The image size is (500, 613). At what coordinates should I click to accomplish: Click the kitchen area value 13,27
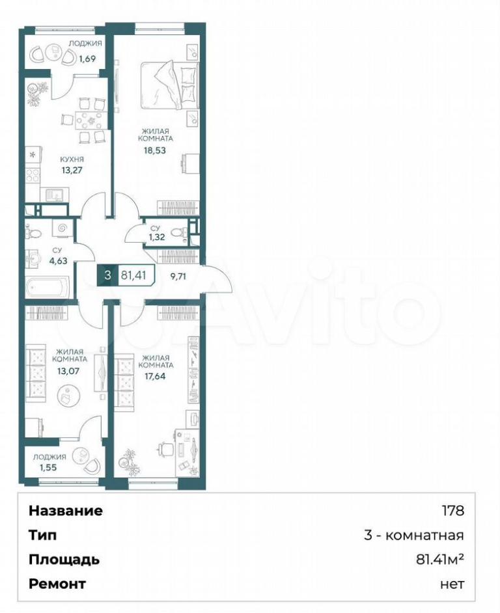coord(72,170)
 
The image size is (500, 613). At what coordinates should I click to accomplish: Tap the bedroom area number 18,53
coord(155,150)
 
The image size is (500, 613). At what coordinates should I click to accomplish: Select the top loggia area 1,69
coord(88,59)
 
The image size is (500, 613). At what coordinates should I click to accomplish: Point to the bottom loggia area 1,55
coord(48,467)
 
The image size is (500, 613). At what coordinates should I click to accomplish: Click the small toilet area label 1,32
coord(156,237)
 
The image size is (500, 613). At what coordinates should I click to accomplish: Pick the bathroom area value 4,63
coord(59,261)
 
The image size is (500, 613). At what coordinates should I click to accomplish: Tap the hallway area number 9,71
coord(178,277)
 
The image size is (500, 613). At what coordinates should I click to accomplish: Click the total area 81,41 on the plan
coord(133,275)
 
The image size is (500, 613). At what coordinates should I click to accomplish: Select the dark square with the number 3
coord(107,275)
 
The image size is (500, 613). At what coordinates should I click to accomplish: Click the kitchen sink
coord(52,195)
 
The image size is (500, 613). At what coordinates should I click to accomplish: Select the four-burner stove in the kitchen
coord(33,174)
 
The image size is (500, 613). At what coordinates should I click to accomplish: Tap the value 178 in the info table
coord(453,511)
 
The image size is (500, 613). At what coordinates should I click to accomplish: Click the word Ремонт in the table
coord(57,584)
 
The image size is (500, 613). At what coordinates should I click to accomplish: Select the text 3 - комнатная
coord(414,535)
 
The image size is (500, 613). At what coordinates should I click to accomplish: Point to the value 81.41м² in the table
coord(440,560)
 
